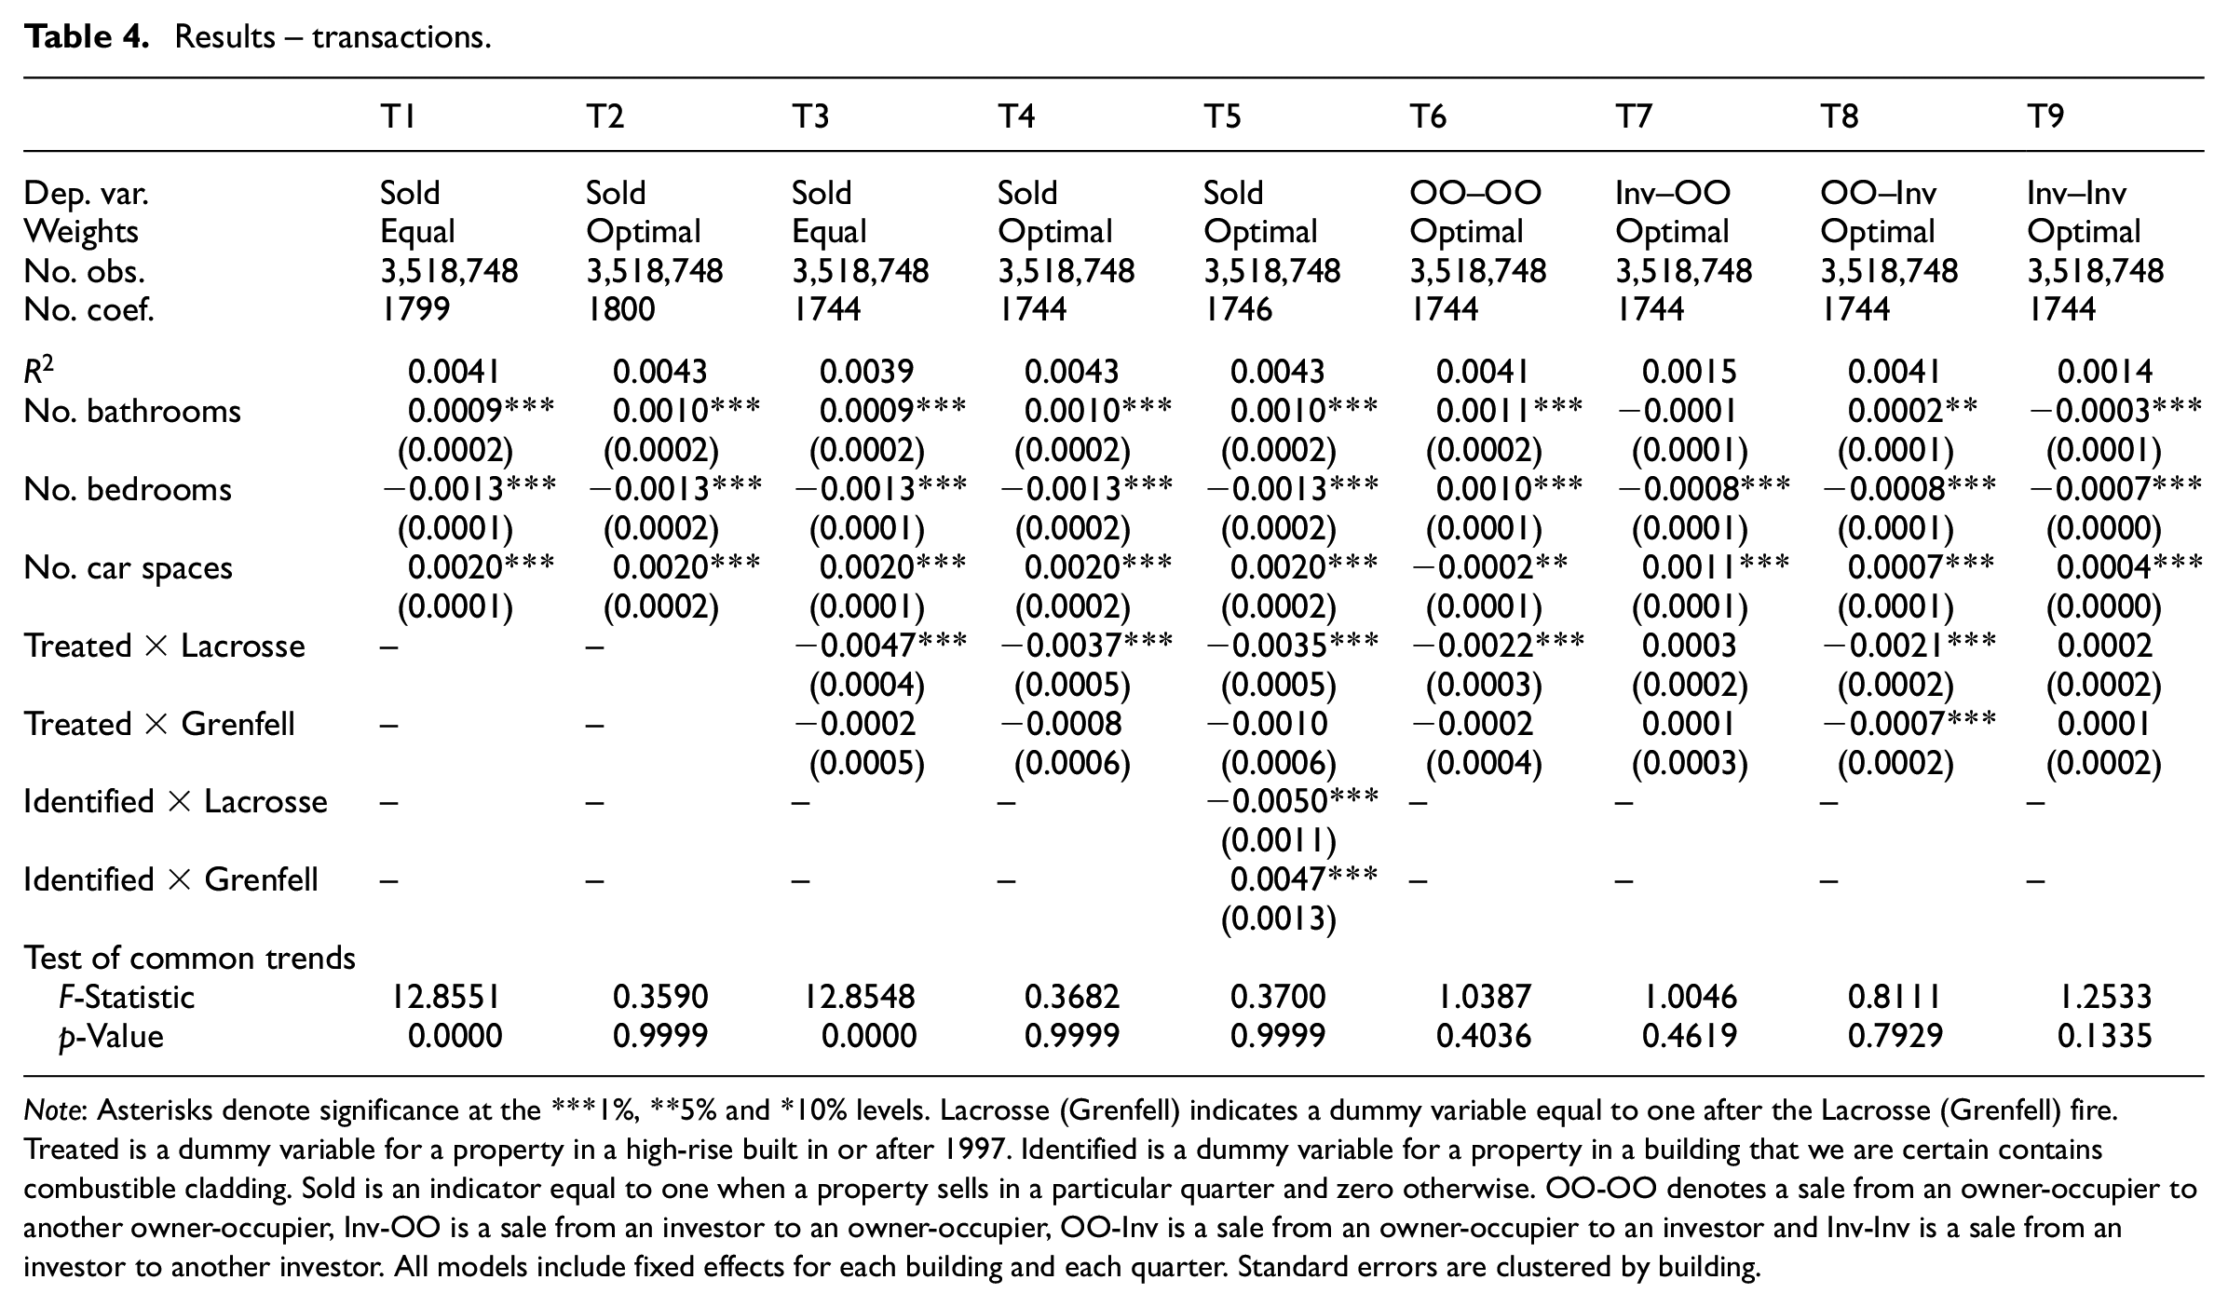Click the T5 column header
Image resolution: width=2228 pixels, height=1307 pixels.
tap(1222, 116)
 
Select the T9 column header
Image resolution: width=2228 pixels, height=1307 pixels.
tap(2045, 116)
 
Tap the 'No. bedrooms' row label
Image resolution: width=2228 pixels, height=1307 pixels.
tap(128, 489)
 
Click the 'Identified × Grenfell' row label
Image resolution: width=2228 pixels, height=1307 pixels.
tap(171, 879)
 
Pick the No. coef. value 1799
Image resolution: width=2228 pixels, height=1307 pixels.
tap(415, 309)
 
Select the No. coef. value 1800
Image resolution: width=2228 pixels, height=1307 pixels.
tap(620, 309)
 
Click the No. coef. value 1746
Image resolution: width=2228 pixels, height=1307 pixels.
tap(1238, 309)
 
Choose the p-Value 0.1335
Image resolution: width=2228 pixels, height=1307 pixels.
tap(2105, 1036)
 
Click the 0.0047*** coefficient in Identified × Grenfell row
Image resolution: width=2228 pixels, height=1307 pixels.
tap(1304, 878)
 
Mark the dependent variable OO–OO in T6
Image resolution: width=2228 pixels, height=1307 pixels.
tap(1475, 193)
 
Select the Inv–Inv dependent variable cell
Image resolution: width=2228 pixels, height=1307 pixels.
tap(2077, 193)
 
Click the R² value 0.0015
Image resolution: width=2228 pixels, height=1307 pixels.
tap(1690, 372)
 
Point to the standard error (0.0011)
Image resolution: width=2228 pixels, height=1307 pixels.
tap(1279, 841)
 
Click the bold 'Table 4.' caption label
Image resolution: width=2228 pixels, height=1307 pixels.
tap(87, 37)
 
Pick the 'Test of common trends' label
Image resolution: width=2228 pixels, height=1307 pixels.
tap(190, 958)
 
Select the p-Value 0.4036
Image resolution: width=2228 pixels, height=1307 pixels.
tap(1484, 1036)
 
